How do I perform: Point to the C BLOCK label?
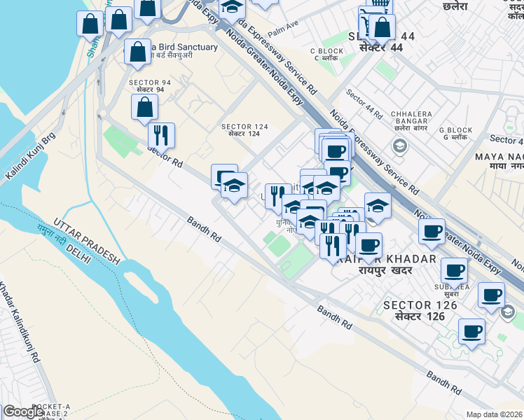[x=326, y=50]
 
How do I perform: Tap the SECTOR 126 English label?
[x=420, y=305]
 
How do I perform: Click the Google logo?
[x=23, y=412]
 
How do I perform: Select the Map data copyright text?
[x=494, y=414]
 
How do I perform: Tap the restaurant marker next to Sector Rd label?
[x=161, y=134]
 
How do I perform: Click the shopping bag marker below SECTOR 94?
[x=144, y=108]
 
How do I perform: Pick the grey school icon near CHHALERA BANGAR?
[x=399, y=146]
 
